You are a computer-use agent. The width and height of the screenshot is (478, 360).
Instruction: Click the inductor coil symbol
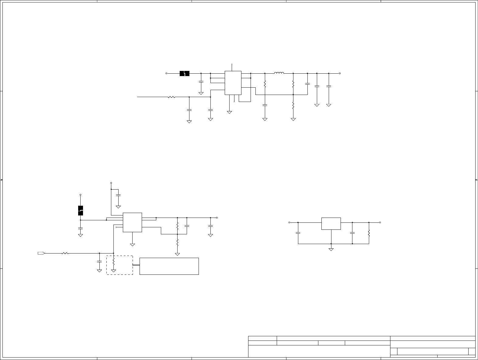tap(279, 73)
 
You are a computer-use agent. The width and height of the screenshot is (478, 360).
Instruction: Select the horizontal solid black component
tap(185, 73)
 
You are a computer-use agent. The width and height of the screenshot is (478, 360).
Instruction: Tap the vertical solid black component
tap(81, 211)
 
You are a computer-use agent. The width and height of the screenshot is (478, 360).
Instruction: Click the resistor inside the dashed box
tap(113, 261)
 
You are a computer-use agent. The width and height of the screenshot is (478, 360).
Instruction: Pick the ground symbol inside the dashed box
tap(113, 271)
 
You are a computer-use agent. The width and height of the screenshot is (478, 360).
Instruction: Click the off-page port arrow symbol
tap(41, 253)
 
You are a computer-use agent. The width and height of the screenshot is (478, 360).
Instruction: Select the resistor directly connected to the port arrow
tap(65, 253)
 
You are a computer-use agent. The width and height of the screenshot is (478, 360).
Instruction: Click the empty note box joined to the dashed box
tap(169, 266)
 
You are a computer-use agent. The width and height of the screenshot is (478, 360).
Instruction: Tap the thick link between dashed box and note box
tap(136, 265)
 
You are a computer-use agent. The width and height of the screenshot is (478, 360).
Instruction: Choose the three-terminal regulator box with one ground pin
tap(331, 224)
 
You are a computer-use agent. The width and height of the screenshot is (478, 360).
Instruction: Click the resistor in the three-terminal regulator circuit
tap(369, 233)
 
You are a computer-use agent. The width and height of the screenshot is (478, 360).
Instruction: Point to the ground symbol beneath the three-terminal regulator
tap(331, 250)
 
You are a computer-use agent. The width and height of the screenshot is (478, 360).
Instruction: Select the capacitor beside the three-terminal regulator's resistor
tap(352, 233)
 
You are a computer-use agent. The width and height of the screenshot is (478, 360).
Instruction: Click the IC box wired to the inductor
tap(233, 83)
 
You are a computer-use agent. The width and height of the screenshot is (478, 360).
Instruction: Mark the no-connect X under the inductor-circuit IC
tap(234, 101)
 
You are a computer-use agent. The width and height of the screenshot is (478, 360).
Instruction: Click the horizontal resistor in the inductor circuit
tap(171, 97)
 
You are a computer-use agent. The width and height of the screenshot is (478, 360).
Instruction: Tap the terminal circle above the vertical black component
tap(81, 194)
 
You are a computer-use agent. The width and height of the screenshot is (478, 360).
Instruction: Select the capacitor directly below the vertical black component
tap(81, 228)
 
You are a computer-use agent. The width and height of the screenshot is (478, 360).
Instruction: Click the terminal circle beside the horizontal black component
tap(166, 73)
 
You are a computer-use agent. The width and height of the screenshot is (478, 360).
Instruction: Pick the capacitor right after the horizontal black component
tap(201, 82)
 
